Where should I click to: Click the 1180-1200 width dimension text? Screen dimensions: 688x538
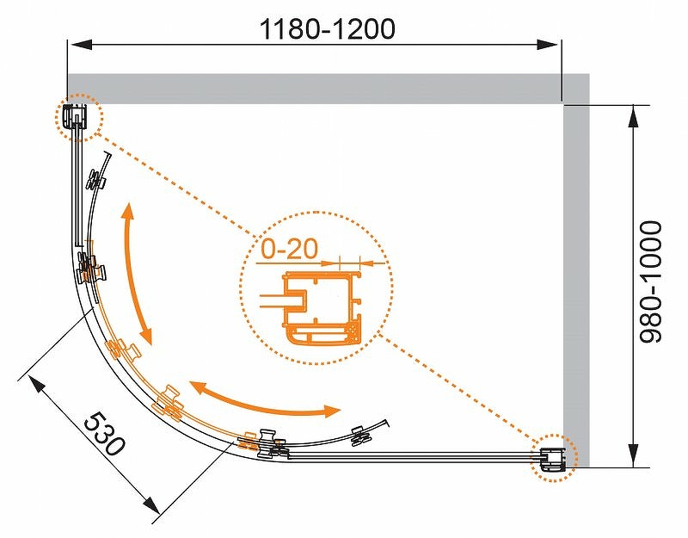click(328, 29)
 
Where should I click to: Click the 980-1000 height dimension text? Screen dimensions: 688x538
click(650, 281)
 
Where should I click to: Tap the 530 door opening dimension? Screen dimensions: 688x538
click(104, 434)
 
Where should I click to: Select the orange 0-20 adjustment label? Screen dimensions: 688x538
click(289, 249)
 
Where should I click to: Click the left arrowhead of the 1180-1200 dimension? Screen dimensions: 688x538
click(82, 45)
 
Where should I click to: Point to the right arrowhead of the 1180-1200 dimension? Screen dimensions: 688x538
click(548, 45)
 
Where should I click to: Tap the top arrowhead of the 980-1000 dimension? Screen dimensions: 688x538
click(633, 117)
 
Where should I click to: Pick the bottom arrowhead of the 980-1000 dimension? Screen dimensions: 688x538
click(633, 455)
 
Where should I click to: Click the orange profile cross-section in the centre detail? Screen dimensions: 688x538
click(323, 307)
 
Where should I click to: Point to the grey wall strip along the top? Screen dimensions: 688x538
click(315, 89)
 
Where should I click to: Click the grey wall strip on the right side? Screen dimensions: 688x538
click(576, 270)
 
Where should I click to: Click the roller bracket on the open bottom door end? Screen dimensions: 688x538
click(359, 436)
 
